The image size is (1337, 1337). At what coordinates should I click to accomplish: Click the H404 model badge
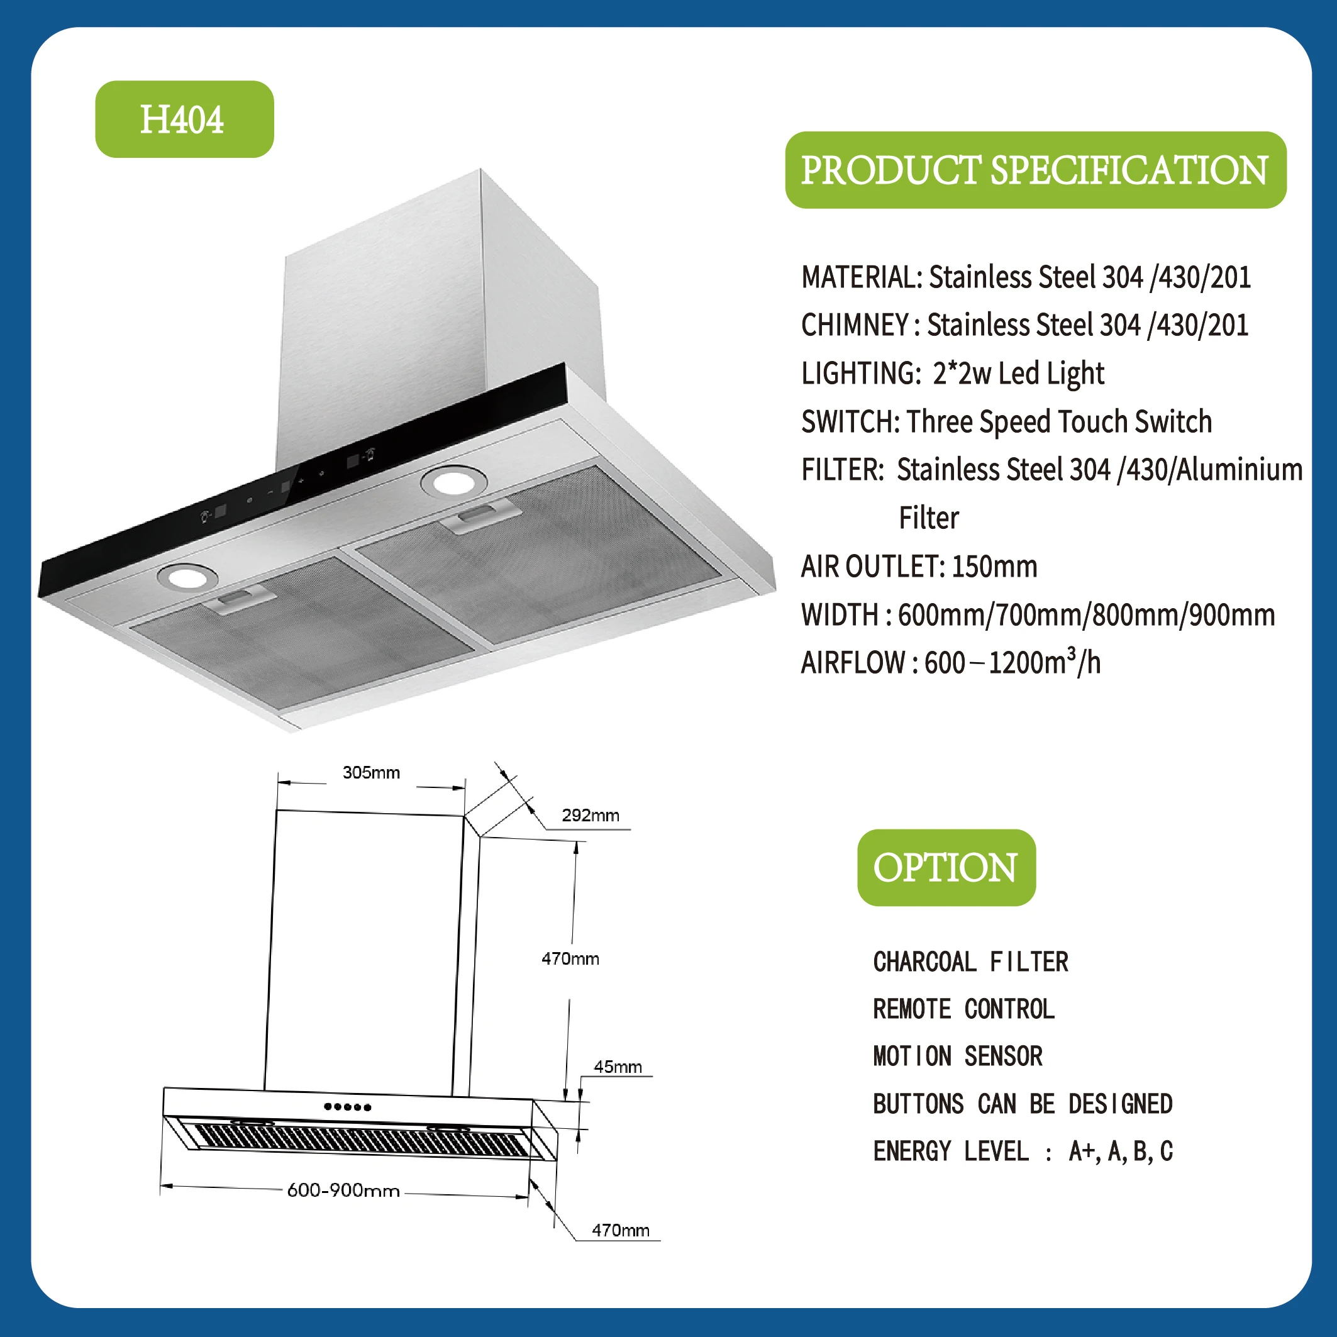point(184,119)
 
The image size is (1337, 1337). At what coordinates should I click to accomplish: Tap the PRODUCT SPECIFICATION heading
point(1035,170)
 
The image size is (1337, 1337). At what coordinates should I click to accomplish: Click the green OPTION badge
point(945,867)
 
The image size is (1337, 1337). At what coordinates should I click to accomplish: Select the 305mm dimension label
point(371,772)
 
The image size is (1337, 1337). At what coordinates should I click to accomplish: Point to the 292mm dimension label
point(590,815)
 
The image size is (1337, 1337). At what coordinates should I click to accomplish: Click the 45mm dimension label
point(618,1067)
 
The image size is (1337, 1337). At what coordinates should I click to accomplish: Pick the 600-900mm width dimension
point(343,1190)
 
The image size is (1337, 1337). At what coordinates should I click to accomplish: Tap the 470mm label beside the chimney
point(570,958)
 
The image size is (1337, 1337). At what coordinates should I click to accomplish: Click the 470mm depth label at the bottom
point(620,1229)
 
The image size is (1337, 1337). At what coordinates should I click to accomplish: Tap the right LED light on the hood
point(453,481)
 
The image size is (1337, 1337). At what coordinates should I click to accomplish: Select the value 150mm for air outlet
point(994,567)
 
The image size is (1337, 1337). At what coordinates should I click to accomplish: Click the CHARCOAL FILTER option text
point(970,962)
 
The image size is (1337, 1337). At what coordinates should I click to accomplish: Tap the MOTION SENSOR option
point(957,1056)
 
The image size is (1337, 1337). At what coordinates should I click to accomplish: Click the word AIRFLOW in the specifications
point(853,663)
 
